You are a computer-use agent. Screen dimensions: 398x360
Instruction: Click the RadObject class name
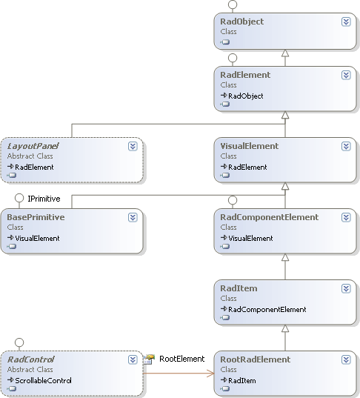click(x=241, y=21)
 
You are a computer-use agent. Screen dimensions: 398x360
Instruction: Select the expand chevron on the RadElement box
click(x=346, y=75)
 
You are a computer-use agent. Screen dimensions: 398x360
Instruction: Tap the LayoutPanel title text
click(x=33, y=146)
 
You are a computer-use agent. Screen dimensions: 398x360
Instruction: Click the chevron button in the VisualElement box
click(x=346, y=146)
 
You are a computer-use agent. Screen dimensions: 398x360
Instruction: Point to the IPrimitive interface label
click(x=44, y=199)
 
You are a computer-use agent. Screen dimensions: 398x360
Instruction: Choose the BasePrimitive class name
click(x=35, y=217)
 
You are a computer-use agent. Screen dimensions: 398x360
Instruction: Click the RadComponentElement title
click(x=269, y=217)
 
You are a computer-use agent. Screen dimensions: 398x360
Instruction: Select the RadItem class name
click(x=238, y=288)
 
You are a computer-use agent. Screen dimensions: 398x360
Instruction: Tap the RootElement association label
click(x=181, y=359)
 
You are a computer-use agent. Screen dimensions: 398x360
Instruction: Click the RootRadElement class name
click(x=254, y=359)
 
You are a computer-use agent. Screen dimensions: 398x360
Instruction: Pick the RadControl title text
click(x=30, y=359)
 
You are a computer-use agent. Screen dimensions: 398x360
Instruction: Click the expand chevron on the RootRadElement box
click(x=346, y=359)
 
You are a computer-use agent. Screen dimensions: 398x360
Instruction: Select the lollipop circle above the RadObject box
click(x=232, y=4)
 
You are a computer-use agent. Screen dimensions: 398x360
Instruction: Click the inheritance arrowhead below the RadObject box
click(x=284, y=53)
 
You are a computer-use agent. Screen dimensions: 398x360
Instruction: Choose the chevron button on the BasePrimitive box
click(x=133, y=217)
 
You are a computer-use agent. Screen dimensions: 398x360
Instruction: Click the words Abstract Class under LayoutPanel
click(x=30, y=156)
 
